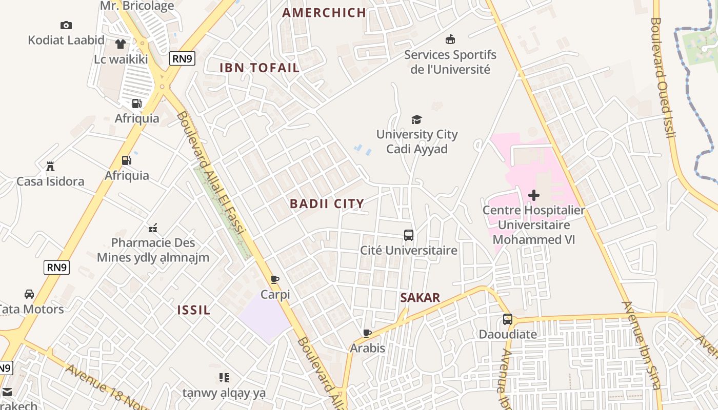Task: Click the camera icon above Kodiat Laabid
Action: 66,25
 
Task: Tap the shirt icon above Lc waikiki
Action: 121,44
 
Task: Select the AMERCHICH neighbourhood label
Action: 324,13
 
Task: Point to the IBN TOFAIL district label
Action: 260,68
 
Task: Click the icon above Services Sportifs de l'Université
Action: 450,39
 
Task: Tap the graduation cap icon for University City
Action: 416,119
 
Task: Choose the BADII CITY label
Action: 327,203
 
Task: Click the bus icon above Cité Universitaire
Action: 409,235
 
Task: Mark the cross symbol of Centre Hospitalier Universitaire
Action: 534,195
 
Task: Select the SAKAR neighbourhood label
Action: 420,298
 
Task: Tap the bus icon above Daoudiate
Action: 508,319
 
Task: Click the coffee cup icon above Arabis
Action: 367,333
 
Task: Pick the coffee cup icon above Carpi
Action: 275,279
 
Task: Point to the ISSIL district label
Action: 194,310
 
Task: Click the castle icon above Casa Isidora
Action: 50,166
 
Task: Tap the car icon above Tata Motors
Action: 29,294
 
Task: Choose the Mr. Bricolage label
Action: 137,6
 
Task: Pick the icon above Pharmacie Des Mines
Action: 152,228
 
